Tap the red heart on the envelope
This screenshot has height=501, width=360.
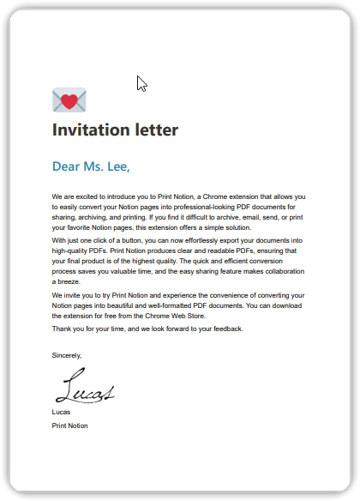point(69,103)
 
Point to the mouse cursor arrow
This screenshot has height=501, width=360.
point(141,83)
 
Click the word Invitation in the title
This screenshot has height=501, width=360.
point(93,130)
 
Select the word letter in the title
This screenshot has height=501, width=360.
point(158,130)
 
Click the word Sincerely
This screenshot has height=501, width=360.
point(67,354)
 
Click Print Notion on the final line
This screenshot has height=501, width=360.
point(69,426)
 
